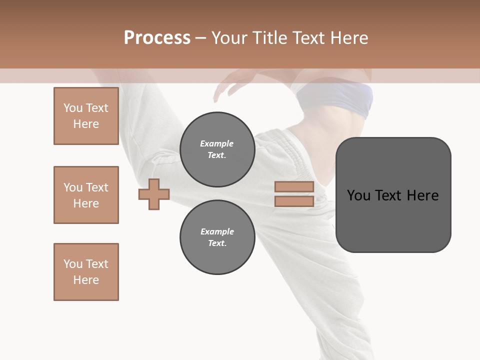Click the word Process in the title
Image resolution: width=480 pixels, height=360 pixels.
click(157, 38)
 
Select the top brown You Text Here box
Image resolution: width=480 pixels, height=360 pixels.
click(86, 116)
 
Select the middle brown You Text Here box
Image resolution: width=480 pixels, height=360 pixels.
click(86, 195)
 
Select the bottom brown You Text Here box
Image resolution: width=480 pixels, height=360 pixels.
click(86, 272)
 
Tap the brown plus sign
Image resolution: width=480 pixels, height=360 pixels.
click(154, 194)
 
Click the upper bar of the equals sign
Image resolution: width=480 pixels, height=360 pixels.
click(294, 186)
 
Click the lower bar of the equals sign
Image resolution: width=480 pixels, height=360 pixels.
click(294, 201)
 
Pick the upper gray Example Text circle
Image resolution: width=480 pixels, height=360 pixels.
click(217, 149)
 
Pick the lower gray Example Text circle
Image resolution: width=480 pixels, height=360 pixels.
click(217, 237)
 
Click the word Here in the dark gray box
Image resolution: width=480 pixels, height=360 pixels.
click(422, 195)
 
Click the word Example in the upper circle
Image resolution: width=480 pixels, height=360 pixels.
click(217, 143)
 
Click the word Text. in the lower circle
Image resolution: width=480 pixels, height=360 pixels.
click(217, 243)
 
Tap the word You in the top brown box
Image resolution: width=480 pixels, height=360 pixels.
click(73, 108)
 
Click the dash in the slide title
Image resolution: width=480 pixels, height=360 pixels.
click(200, 38)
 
